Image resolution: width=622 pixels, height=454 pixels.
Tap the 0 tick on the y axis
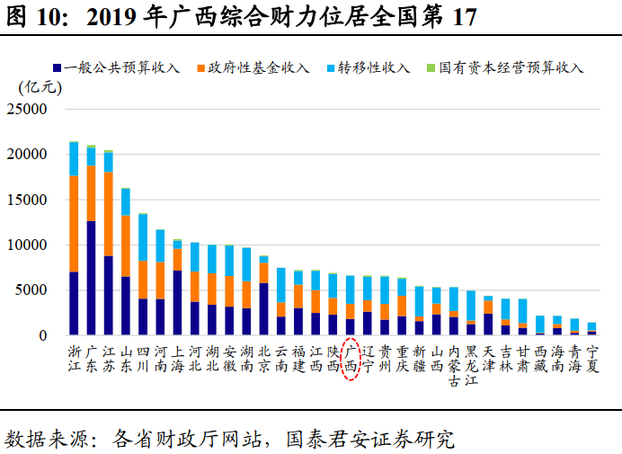tap(41, 336)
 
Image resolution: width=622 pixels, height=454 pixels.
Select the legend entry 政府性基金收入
tap(258, 68)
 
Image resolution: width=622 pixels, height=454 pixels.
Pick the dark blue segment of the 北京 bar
tap(263, 308)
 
